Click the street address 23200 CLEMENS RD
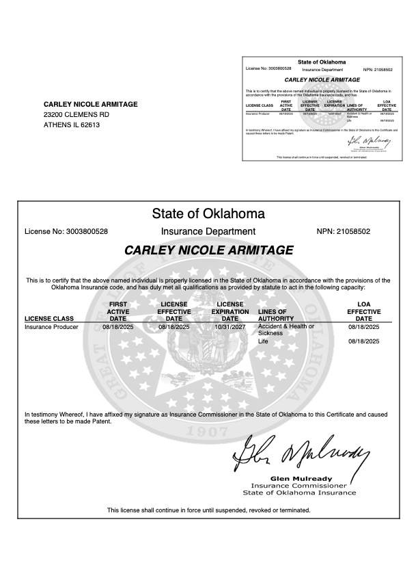click(x=76, y=114)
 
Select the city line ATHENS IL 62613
click(x=72, y=125)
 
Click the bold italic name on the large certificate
click(x=208, y=250)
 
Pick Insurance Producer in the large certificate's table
click(x=51, y=327)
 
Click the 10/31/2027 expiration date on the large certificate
click(x=230, y=327)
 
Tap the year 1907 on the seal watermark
click(x=208, y=432)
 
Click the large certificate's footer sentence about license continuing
click(x=208, y=510)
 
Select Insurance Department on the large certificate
click(x=208, y=232)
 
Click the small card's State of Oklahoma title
click(x=322, y=62)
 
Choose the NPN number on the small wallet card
click(x=378, y=69)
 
